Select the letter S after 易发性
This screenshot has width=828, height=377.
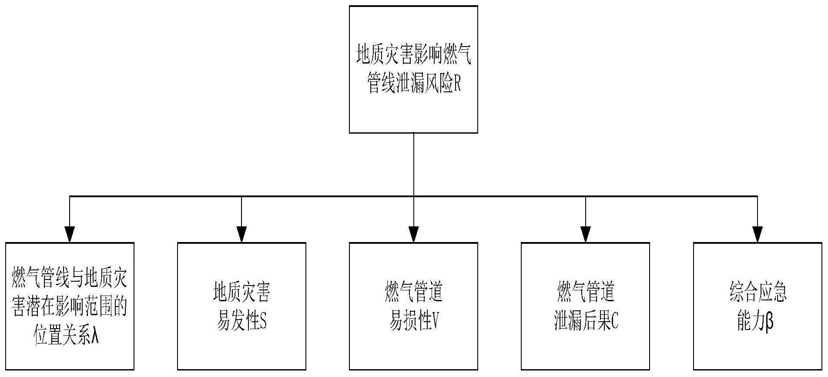point(263,321)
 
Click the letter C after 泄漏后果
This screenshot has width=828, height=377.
point(614,321)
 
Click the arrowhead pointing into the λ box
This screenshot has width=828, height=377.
point(70,235)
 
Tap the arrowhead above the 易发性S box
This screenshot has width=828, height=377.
point(241,235)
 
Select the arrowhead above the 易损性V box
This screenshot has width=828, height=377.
point(414,235)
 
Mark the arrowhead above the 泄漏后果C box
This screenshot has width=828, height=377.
point(586,235)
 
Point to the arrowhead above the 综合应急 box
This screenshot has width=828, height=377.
point(758,235)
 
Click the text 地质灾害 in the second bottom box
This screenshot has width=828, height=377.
point(241,292)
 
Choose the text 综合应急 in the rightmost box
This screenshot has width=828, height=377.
point(758,292)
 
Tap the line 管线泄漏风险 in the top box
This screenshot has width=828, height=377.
point(409,84)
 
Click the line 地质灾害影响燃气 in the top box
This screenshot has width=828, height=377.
point(414,55)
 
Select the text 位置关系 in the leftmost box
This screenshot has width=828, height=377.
point(63,336)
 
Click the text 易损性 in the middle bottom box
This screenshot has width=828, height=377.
point(410,321)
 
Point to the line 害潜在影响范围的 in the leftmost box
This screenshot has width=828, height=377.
point(70,307)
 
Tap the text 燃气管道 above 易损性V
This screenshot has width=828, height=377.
point(414,292)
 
